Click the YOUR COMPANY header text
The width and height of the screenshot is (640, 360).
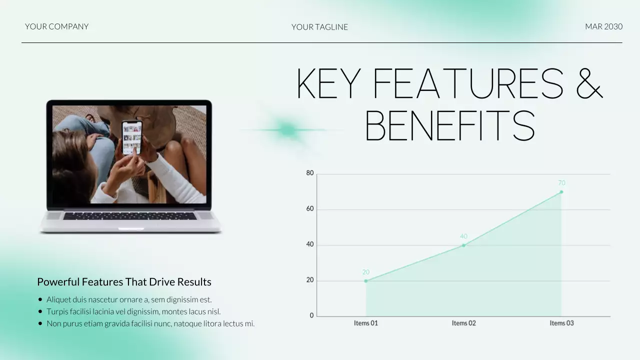(x=56, y=26)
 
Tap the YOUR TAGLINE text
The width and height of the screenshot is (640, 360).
(x=319, y=27)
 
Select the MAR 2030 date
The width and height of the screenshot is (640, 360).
(x=603, y=26)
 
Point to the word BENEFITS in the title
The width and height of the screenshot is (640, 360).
(x=450, y=126)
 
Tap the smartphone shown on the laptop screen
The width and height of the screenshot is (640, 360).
(x=132, y=137)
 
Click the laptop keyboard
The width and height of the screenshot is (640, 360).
(x=129, y=216)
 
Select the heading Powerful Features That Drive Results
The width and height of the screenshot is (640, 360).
(x=124, y=282)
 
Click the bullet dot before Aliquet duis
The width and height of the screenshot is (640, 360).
(x=40, y=300)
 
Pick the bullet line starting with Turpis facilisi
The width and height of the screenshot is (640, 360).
(x=133, y=311)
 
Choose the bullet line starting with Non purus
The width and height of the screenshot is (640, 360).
(x=150, y=323)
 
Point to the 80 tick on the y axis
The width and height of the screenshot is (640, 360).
(x=310, y=173)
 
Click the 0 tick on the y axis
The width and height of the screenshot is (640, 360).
(x=312, y=315)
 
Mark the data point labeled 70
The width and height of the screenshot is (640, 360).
(x=561, y=191)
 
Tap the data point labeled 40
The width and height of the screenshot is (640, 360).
(x=463, y=245)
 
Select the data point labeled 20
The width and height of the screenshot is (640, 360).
(x=366, y=281)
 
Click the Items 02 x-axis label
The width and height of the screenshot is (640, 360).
(x=463, y=323)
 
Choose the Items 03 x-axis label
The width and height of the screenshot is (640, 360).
(x=561, y=323)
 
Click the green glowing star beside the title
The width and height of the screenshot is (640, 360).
(x=288, y=130)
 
